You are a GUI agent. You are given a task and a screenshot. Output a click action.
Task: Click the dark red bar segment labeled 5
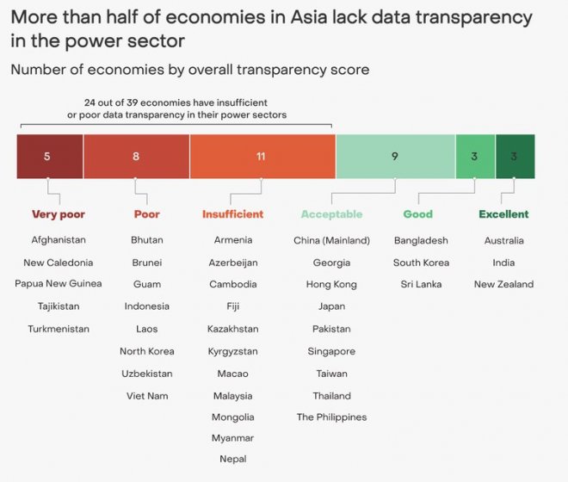tap(49, 157)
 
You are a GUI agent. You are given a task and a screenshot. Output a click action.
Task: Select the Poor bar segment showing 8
tap(136, 157)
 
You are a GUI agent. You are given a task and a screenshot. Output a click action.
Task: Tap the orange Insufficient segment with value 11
tap(262, 157)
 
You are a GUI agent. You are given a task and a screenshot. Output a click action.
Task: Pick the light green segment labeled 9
tap(395, 157)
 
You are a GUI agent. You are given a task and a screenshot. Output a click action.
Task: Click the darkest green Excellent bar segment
tap(515, 157)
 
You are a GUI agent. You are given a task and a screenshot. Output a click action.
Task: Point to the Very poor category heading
tap(59, 214)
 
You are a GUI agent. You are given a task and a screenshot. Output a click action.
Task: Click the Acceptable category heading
tap(331, 214)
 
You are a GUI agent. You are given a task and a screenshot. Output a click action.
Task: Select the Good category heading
tap(418, 214)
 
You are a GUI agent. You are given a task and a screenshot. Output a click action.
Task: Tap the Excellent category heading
tap(503, 214)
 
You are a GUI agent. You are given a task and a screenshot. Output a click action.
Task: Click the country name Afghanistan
tap(59, 240)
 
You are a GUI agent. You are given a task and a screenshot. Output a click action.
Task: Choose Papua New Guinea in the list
tap(59, 284)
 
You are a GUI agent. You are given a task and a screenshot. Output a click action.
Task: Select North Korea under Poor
tap(147, 351)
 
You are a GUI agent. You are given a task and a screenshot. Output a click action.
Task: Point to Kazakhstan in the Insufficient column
tap(232, 329)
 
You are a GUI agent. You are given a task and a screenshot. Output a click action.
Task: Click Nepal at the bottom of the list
tap(232, 460)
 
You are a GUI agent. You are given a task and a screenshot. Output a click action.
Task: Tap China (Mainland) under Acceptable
tap(331, 240)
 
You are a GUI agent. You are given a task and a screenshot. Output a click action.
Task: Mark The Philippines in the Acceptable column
tap(331, 417)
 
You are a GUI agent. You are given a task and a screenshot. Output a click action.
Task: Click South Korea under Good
tap(422, 263)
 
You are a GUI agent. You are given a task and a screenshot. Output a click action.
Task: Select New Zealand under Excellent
tap(503, 284)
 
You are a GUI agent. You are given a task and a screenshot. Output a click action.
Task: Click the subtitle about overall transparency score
tap(189, 70)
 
